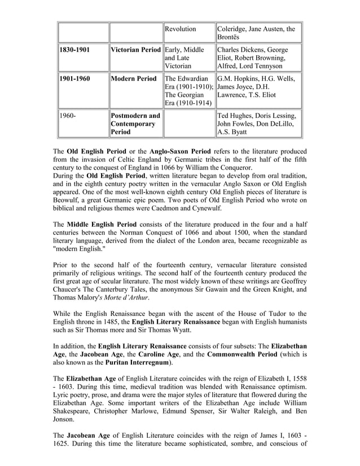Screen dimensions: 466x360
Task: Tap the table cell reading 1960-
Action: [x=82, y=123]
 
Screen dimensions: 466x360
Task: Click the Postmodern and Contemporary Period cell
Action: [x=135, y=123]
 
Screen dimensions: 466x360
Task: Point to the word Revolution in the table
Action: [x=181, y=29]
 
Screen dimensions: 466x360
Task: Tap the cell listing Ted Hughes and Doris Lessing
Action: [x=259, y=123]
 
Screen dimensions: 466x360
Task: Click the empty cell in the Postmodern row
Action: [x=188, y=123]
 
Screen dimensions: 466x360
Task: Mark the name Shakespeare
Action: [x=76, y=410]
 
